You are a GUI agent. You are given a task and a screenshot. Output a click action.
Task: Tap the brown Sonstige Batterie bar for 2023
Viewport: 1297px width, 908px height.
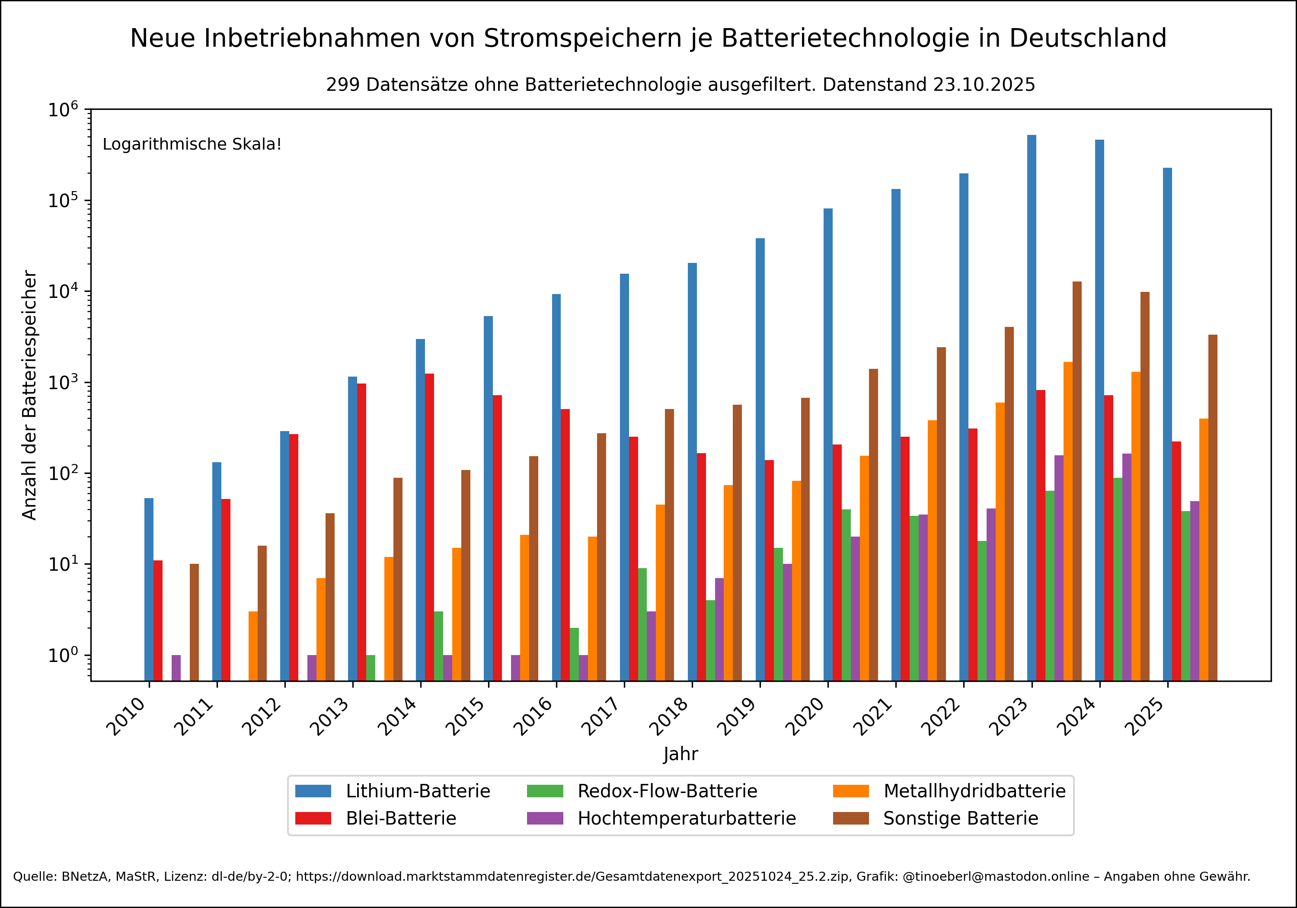click(x=1077, y=480)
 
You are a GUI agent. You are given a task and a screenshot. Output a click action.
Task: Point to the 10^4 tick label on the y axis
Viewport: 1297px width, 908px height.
click(x=62, y=291)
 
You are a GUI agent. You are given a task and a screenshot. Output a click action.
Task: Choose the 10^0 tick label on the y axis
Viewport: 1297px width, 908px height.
click(x=62, y=655)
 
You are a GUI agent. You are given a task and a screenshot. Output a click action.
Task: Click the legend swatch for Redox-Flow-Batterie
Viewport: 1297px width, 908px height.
click(x=545, y=791)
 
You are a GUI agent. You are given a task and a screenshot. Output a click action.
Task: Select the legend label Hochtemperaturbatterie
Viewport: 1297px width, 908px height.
click(x=687, y=818)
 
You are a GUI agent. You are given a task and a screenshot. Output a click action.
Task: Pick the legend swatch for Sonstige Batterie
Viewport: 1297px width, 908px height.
click(x=851, y=818)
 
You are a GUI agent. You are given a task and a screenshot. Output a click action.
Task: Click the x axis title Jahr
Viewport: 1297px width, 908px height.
click(x=680, y=754)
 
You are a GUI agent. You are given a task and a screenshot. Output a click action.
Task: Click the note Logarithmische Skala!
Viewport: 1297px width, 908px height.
click(x=192, y=144)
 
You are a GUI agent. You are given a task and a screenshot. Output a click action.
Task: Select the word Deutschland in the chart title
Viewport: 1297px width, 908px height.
click(x=1087, y=38)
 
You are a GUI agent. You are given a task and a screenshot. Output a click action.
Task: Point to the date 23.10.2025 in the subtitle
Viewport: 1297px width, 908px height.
click(x=984, y=85)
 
